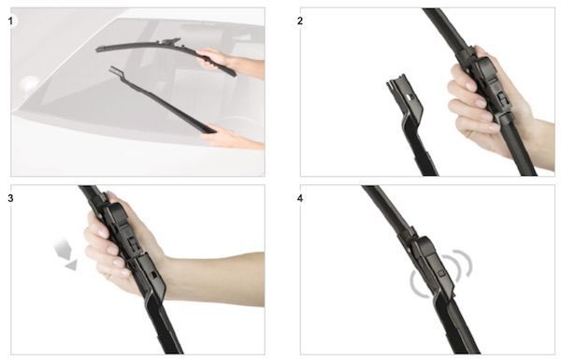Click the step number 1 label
[10, 22]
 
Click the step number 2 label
[300, 22]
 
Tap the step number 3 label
[10, 198]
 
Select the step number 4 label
[300, 198]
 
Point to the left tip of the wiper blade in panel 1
[97, 50]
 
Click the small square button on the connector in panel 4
[441, 273]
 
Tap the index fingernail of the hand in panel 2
[469, 86]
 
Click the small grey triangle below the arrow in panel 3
[71, 266]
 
